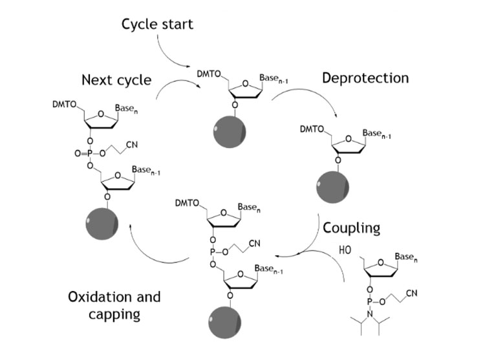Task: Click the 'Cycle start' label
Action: [x=157, y=25]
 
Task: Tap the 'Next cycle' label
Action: [x=116, y=80]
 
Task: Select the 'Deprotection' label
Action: [x=365, y=78]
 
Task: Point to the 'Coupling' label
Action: [x=351, y=228]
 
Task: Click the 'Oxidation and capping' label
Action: [x=114, y=306]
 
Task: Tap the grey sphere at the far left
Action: [x=102, y=225]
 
